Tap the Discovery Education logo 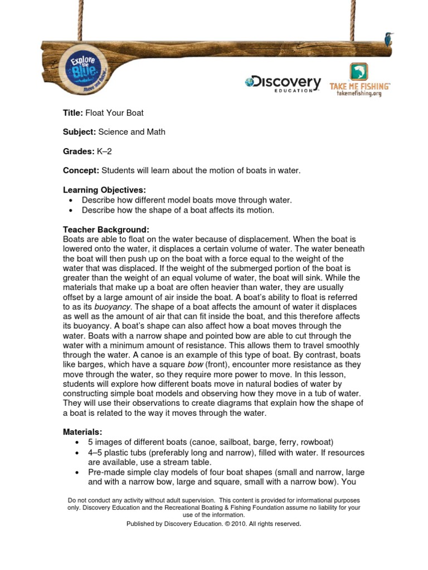(x=283, y=83)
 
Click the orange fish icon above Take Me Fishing (x=359, y=72)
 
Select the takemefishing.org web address (x=359, y=94)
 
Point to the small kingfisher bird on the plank (x=388, y=39)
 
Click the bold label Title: (x=73, y=113)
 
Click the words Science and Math (x=132, y=132)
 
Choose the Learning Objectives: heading (x=104, y=190)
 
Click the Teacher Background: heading (x=106, y=229)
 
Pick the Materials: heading (x=82, y=432)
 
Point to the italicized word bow (x=196, y=365)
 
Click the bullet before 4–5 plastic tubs (x=76, y=453)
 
